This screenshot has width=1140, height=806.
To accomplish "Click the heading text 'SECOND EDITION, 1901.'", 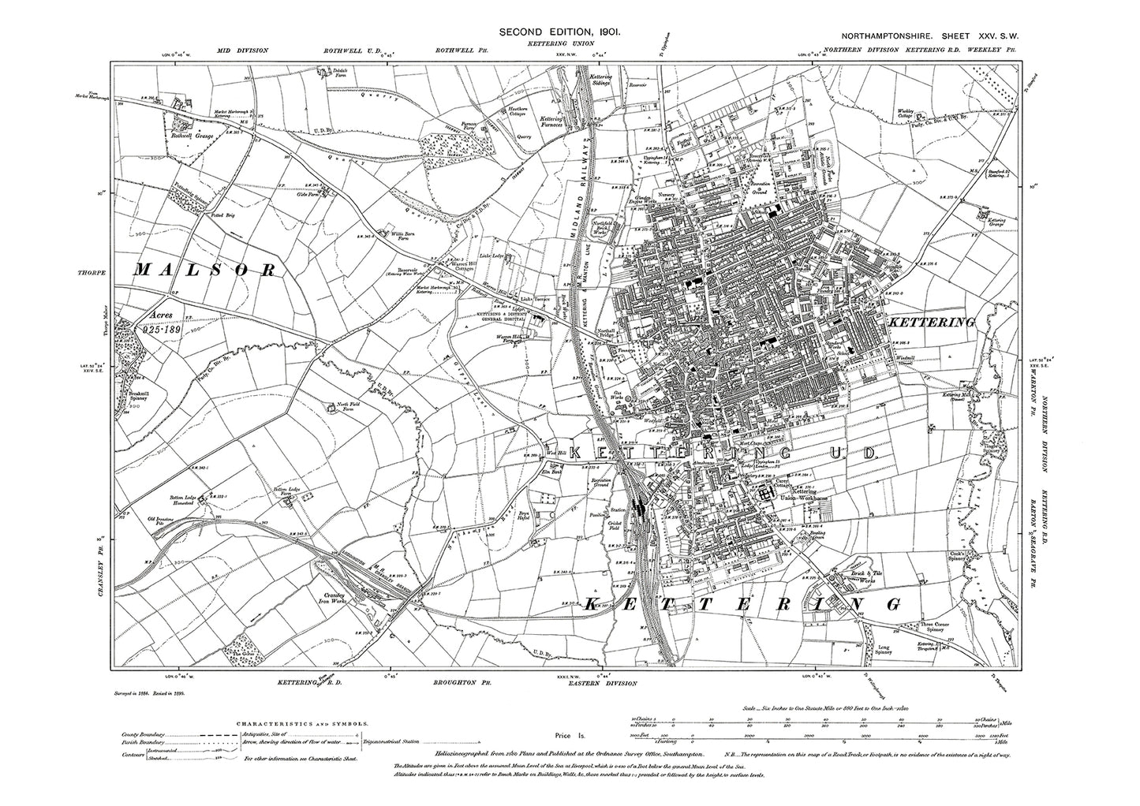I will pyautogui.click(x=563, y=32).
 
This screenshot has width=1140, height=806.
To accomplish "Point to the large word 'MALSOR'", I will pyautogui.click(x=207, y=270).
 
